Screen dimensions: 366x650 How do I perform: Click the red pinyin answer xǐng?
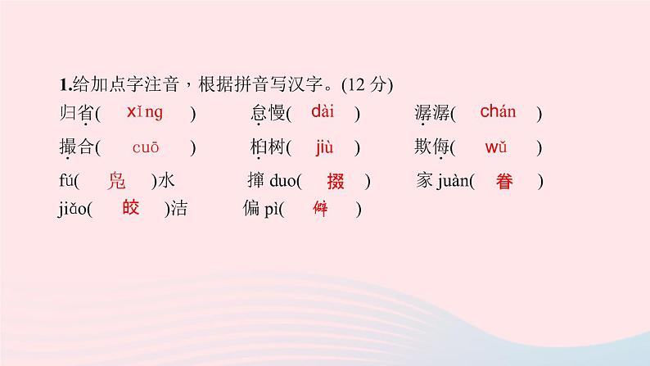pyautogui.click(x=145, y=113)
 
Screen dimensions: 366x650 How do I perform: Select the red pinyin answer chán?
pyautogui.click(x=498, y=113)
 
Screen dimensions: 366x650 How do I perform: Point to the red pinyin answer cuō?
pyautogui.click(x=145, y=148)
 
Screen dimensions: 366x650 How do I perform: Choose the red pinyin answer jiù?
pyautogui.click(x=323, y=148)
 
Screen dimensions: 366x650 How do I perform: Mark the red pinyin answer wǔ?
pyautogui.click(x=497, y=148)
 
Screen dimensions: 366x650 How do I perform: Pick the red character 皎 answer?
pyautogui.click(x=130, y=209)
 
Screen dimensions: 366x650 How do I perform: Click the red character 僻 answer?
pyautogui.click(x=321, y=209)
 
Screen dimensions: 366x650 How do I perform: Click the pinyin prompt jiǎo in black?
pyautogui.click(x=72, y=210)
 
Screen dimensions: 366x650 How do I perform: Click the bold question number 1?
pyautogui.click(x=63, y=85)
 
